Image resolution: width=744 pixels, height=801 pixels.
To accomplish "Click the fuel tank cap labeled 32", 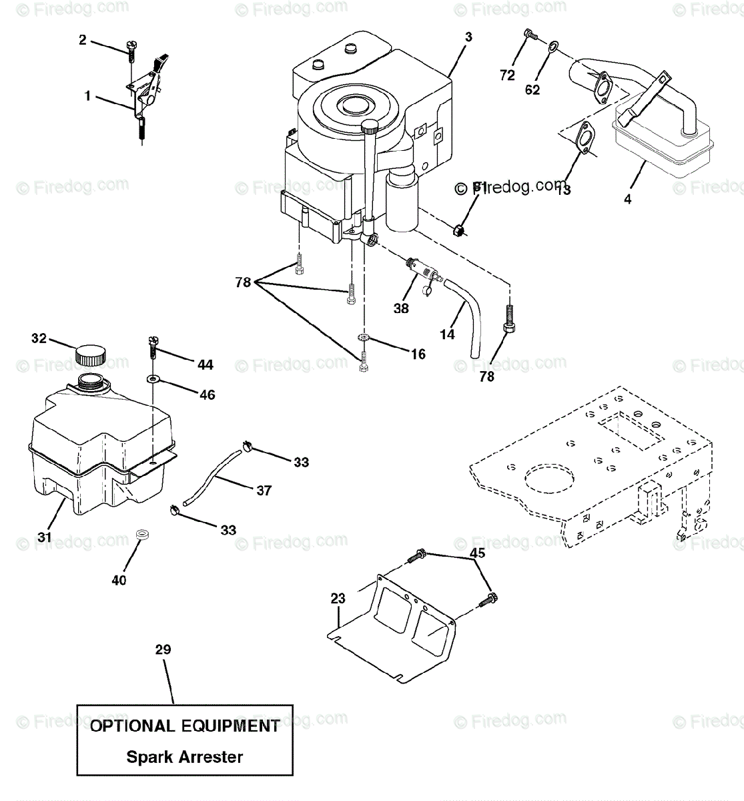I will (90, 354).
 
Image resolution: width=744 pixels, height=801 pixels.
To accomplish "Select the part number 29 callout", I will (163, 649).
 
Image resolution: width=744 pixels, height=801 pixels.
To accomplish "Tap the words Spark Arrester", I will (185, 757).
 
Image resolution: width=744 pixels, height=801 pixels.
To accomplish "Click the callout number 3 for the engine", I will (468, 37).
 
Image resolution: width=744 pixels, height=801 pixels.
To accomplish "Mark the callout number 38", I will (401, 308).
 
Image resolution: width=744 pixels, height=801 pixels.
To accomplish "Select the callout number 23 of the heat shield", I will (338, 598).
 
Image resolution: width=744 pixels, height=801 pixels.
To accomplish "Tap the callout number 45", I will (478, 553).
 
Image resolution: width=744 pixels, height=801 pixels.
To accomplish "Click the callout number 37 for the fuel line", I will (264, 491).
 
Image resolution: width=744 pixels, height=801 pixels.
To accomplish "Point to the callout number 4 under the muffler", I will (627, 198).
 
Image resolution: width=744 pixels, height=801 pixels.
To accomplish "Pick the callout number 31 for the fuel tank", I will (44, 536).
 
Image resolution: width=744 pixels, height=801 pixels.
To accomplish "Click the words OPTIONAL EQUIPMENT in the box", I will (185, 726).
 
